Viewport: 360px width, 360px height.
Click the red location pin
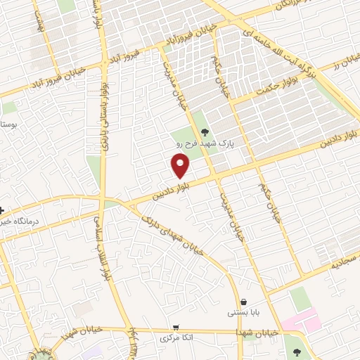point(181,165)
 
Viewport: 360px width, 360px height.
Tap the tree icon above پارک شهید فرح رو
point(205,131)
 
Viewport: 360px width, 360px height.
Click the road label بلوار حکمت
point(274,86)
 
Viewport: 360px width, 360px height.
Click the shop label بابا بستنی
point(243,312)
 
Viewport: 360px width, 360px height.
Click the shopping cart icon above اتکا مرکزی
point(175,328)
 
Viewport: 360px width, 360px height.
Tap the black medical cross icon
point(3,210)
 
